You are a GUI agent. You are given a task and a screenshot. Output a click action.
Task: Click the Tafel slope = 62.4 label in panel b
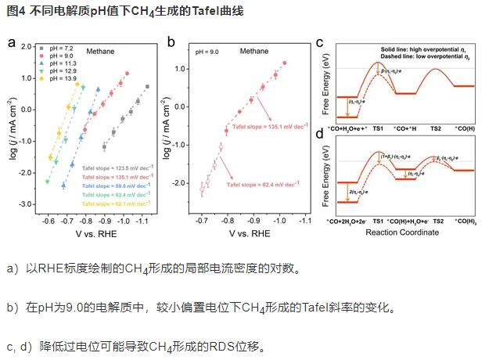[x=262, y=185]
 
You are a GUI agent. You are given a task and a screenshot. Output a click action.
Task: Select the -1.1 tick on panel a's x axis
[x=144, y=221]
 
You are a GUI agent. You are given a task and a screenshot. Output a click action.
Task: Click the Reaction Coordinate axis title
[x=407, y=232]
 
